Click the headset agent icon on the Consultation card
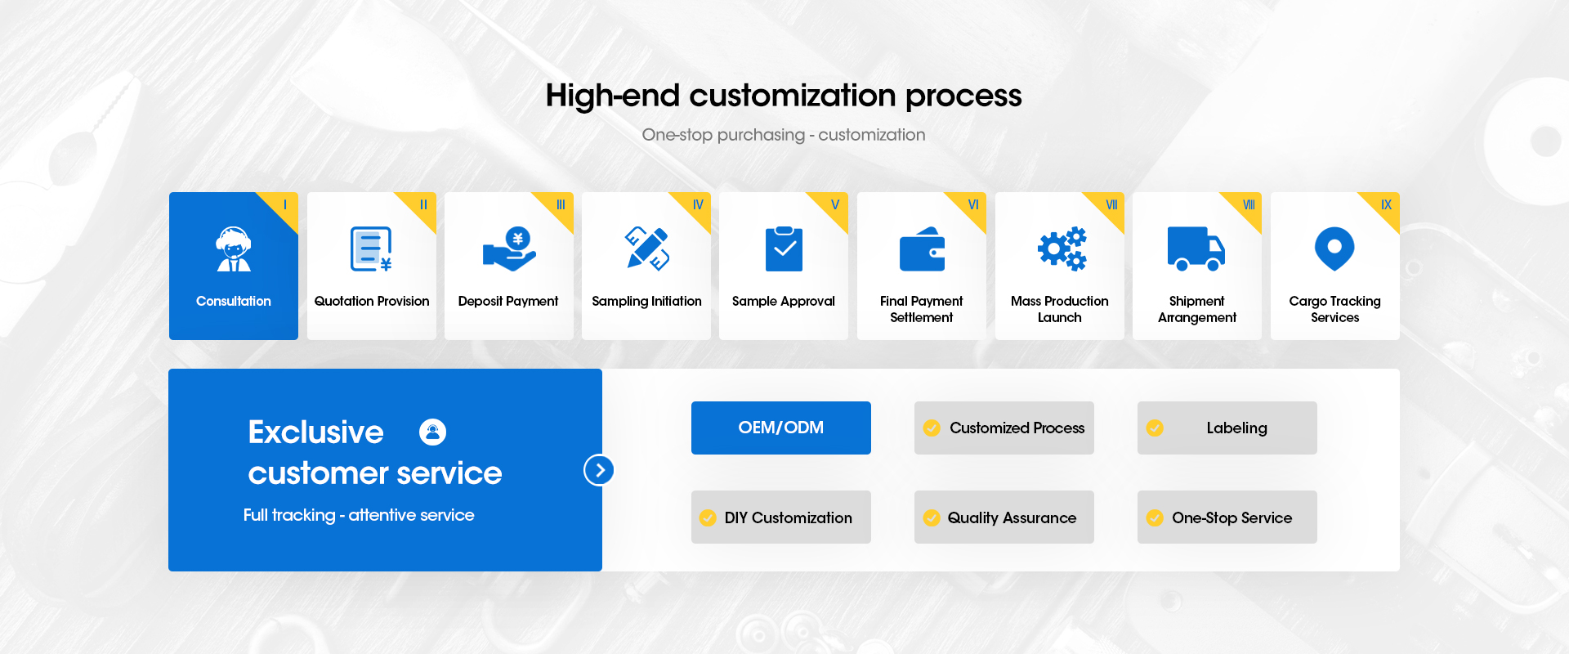(x=234, y=249)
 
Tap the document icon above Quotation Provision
(x=371, y=249)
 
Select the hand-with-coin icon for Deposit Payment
(x=509, y=249)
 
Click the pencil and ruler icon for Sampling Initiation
(x=647, y=249)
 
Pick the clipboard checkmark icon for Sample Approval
(x=784, y=249)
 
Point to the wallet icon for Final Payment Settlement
(x=922, y=249)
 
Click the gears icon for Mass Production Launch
(x=1062, y=249)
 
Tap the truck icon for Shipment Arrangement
(x=1196, y=249)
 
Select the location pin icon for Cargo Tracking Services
(x=1334, y=249)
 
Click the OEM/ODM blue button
(x=781, y=428)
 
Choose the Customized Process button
(x=1004, y=428)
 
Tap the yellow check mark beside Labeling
(x=1155, y=428)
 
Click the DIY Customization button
(x=781, y=517)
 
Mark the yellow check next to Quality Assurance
(x=932, y=517)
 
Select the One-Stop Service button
(x=1227, y=517)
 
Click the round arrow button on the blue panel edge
(x=600, y=470)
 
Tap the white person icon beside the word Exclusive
(x=433, y=432)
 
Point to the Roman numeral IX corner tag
(x=1387, y=204)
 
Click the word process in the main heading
(x=963, y=96)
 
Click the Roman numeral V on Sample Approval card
(x=835, y=204)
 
